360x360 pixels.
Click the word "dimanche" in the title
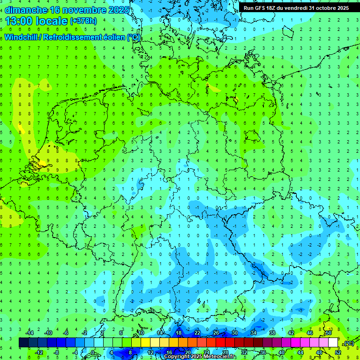(26, 10)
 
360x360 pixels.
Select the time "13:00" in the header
(19, 21)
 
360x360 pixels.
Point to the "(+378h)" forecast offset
(83, 21)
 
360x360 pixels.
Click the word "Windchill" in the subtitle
(23, 37)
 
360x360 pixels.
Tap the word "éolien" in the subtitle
(114, 37)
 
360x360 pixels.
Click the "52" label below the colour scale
(338, 352)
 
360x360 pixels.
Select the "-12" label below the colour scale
(39, 352)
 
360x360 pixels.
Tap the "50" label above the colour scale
(329, 333)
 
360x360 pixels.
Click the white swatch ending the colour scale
(333, 343)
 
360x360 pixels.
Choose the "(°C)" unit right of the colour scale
(349, 343)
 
